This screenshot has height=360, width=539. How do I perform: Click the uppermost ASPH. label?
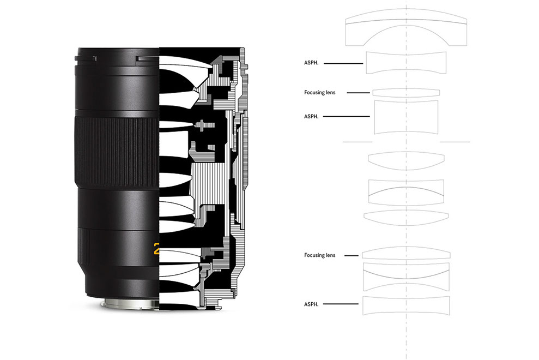311,63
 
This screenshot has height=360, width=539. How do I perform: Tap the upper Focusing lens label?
320,92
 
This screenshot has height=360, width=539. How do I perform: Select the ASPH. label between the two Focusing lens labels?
311,116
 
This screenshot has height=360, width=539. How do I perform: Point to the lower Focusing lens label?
320,255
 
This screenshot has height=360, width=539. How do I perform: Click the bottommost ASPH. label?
311,304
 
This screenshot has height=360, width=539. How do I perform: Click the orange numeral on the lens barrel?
156,249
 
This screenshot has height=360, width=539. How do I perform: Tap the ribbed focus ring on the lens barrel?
117,152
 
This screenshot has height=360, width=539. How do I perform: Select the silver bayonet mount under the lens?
131,304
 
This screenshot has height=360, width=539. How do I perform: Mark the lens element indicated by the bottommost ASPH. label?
406,305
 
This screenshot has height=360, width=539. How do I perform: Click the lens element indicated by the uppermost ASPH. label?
406,63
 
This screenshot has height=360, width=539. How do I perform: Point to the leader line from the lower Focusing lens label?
352,255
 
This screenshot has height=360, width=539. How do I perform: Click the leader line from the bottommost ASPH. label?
341,304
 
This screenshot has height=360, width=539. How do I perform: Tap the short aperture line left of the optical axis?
358,142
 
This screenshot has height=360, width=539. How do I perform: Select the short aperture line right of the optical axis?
455,142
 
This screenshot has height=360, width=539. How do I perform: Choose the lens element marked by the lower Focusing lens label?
406,253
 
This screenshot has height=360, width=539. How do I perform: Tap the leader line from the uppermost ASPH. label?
343,63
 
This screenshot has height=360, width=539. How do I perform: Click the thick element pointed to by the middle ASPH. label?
406,117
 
